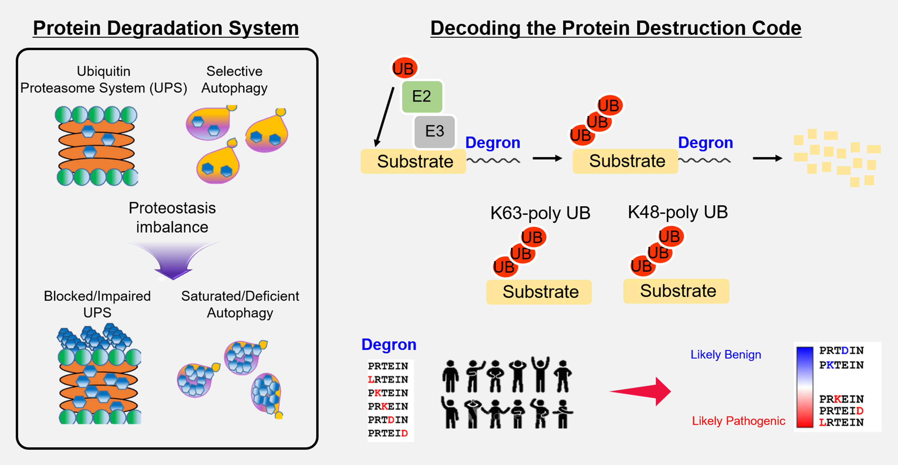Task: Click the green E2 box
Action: tap(422, 96)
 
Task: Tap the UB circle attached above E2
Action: tap(404, 68)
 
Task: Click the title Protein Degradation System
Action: tap(166, 28)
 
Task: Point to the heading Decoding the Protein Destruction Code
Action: tap(616, 28)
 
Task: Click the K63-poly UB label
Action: tap(540, 213)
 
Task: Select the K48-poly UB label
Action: tap(678, 212)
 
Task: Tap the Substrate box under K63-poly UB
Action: tap(539, 292)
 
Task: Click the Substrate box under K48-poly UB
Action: tap(676, 291)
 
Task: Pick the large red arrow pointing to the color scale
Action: tap(641, 391)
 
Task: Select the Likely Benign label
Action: tap(726, 354)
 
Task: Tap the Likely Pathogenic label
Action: tap(739, 421)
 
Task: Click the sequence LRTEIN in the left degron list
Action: tap(388, 379)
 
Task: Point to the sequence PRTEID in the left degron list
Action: tap(388, 433)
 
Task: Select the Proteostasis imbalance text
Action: tap(172, 218)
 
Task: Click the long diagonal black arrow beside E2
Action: tap(384, 117)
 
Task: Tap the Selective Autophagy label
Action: tap(234, 79)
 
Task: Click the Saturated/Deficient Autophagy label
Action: tap(240, 304)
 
